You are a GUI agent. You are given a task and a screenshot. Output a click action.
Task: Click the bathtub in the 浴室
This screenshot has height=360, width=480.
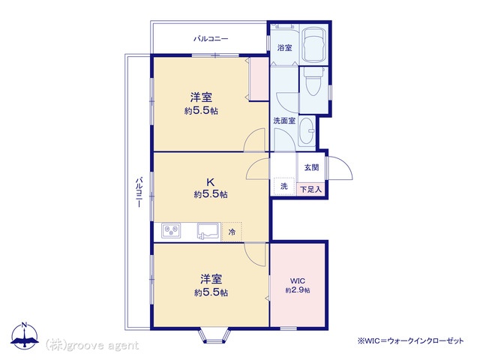313,45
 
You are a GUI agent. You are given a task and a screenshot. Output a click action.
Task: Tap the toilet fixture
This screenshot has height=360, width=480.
313,81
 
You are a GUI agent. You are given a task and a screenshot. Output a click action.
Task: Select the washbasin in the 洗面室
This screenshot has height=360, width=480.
307,132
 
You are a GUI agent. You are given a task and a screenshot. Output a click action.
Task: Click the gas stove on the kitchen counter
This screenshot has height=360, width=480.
171,230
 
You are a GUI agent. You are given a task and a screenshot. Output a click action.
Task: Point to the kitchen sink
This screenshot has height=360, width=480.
208,230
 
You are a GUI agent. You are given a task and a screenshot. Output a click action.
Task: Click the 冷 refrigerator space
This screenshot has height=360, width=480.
232,232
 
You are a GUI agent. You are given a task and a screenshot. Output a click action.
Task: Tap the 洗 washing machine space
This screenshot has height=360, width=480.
284,186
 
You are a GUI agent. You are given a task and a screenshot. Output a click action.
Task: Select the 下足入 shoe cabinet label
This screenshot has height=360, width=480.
310,189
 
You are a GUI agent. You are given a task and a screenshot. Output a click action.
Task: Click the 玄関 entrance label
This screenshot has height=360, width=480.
312,167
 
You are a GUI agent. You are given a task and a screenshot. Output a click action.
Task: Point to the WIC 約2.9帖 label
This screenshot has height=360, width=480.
298,286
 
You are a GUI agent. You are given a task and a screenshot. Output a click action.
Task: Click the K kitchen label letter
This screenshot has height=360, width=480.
210,182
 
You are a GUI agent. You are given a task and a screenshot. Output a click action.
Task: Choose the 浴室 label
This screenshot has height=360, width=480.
284,48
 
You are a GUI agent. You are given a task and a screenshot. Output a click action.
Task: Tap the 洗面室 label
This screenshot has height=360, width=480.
284,121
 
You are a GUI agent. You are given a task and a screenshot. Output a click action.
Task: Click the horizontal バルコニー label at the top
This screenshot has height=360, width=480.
211,39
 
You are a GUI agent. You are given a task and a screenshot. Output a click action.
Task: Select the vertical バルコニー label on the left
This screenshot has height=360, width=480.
139,192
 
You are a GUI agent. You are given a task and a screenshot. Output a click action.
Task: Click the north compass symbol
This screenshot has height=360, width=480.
25,336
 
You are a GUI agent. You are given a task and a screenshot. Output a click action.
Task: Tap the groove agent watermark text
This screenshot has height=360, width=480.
91,345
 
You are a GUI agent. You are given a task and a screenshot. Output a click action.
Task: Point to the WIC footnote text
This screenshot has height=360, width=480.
410,340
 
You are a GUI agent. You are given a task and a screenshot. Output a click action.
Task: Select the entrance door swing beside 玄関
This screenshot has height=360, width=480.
340,168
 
